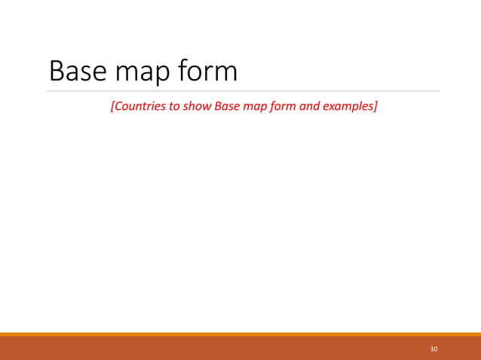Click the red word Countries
(139, 105)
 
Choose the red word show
(198, 105)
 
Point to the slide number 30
(434, 349)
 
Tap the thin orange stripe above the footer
(240, 334)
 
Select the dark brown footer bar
(226, 349)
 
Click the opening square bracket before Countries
(112, 105)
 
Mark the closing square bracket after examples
(375, 105)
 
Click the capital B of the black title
(57, 72)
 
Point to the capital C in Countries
(118, 105)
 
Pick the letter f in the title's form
(186, 71)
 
